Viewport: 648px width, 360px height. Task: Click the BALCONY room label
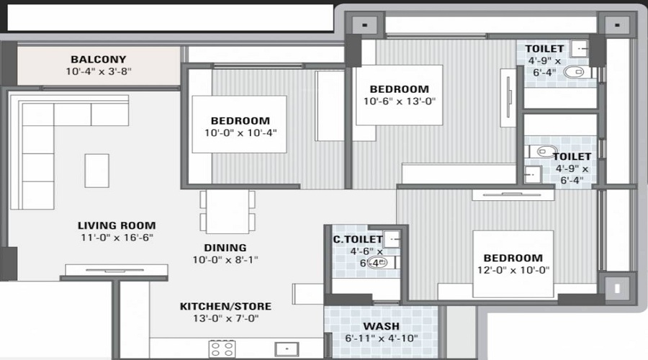(98, 59)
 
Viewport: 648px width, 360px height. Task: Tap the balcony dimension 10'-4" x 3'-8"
(98, 71)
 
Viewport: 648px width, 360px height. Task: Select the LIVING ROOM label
(117, 225)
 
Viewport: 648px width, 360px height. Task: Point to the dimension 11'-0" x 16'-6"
(117, 238)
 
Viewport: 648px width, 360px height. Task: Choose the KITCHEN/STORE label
(225, 306)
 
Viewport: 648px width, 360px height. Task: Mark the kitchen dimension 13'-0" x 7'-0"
(225, 318)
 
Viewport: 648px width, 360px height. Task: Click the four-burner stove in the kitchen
(223, 349)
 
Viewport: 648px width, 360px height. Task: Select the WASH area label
(381, 325)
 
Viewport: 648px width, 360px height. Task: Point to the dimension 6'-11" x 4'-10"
(381, 337)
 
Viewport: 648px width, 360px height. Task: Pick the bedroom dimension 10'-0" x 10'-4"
(240, 132)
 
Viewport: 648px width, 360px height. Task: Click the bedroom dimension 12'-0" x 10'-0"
(513, 270)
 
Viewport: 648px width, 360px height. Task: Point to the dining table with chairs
(228, 210)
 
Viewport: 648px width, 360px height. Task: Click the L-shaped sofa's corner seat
(38, 115)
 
